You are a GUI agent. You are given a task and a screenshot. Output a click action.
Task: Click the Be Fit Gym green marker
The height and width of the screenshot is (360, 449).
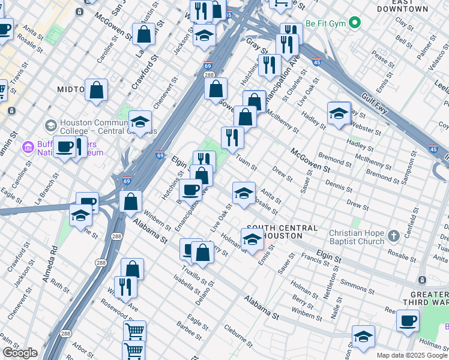[x=355, y=23]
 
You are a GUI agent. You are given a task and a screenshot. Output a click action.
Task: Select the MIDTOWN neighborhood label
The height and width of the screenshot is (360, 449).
[x=70, y=89]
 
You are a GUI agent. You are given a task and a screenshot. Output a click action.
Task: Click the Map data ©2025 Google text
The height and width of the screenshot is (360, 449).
[x=412, y=355]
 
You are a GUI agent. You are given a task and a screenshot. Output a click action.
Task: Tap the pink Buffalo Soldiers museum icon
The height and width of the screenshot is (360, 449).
[x=28, y=147]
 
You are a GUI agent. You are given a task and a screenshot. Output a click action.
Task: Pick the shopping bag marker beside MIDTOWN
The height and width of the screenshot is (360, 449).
[x=96, y=91]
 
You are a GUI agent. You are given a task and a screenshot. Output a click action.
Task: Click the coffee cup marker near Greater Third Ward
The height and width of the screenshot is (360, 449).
[x=408, y=321]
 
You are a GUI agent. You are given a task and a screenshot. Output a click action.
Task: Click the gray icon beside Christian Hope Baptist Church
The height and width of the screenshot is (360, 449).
[x=393, y=235]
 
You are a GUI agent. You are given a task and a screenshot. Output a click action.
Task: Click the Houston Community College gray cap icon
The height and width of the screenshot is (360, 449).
[x=51, y=125]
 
